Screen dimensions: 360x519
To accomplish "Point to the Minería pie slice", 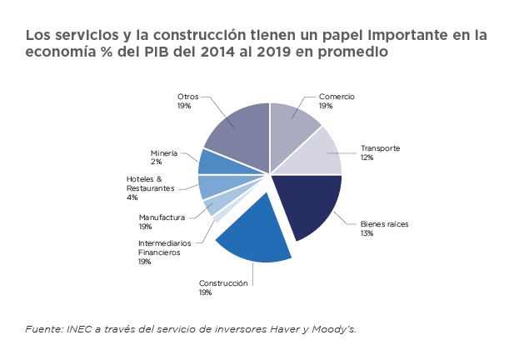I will [210, 162].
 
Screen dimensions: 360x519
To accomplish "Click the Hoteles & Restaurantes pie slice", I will [212, 186].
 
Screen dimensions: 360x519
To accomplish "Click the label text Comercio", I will [337, 97].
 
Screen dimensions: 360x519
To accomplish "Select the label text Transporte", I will [380, 148].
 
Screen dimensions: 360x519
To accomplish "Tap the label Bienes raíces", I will [383, 224].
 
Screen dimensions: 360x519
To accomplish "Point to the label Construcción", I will [223, 283].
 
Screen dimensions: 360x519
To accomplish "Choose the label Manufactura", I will [162, 217].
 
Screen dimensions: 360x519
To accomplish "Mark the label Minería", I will [164, 153].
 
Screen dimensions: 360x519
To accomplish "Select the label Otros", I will [187, 97].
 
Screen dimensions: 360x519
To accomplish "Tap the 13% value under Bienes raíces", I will [367, 233].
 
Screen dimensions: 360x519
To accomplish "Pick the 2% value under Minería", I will [155, 162].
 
